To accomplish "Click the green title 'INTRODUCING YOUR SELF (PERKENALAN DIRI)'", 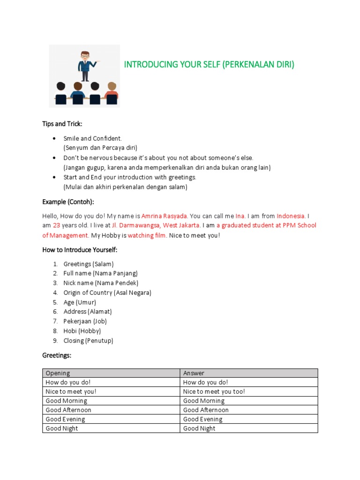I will [x=209, y=65].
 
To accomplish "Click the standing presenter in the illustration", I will [x=85, y=66].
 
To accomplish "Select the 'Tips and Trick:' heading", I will [x=62, y=124].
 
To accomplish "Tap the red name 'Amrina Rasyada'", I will [x=165, y=216].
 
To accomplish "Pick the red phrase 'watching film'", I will [x=147, y=235].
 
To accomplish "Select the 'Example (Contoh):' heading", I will [x=68, y=202].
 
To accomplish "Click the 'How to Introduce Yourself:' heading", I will [x=80, y=250].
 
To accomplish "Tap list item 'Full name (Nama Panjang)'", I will [x=101, y=273].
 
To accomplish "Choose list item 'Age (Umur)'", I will [x=80, y=302].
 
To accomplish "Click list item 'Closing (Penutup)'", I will [x=88, y=340].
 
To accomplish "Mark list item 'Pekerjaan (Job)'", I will [x=85, y=321].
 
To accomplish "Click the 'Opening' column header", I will [x=58, y=373].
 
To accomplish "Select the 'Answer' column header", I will [x=194, y=373].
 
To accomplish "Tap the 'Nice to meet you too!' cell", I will [x=214, y=391].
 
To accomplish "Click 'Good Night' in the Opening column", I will [x=62, y=428].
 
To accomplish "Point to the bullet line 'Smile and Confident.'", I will [x=93, y=138].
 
